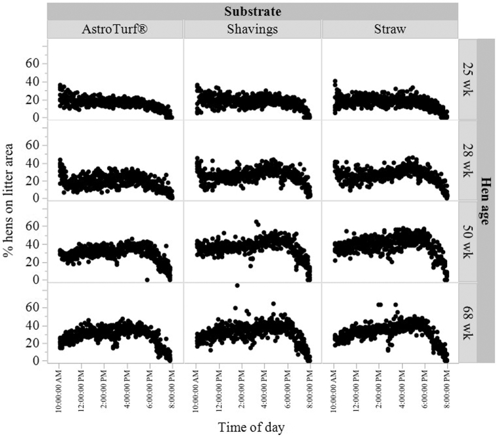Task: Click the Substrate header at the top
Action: pos(252,11)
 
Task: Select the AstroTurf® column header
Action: pos(115,30)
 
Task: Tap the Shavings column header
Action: pos(252,30)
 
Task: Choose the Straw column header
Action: pos(390,30)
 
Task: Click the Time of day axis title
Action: pos(252,428)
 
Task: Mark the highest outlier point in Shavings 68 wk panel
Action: pos(237,285)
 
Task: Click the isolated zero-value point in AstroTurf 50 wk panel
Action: pos(147,279)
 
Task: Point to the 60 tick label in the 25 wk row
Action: pos(32,63)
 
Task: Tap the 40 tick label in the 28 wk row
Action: pos(32,162)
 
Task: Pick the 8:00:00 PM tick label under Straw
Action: pos(446,388)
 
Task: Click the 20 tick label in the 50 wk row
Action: pos(32,262)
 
